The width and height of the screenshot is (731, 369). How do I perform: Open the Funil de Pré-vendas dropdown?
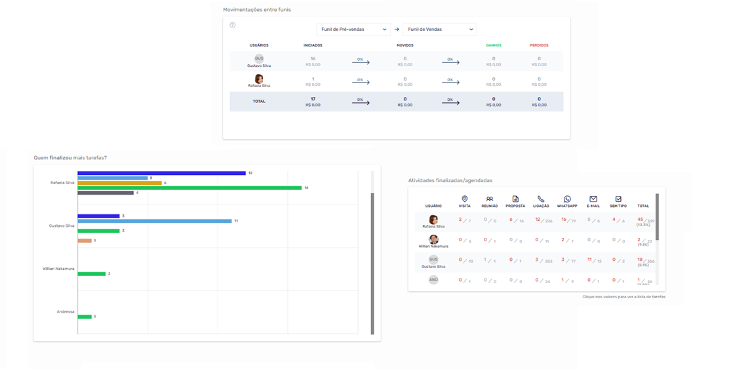[353, 29]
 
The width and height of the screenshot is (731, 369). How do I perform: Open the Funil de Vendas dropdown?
[439, 29]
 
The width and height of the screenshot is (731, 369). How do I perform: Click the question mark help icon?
[233, 25]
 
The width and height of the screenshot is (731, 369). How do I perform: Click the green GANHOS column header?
[494, 45]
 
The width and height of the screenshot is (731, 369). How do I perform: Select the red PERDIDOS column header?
[539, 45]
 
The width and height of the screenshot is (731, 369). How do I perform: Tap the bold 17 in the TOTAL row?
[313, 99]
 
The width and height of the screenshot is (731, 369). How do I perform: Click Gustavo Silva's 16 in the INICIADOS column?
[313, 58]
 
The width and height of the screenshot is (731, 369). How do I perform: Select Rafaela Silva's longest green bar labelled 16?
[189, 188]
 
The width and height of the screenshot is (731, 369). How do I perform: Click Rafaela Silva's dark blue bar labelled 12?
[161, 173]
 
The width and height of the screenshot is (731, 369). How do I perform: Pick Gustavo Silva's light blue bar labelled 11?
[154, 221]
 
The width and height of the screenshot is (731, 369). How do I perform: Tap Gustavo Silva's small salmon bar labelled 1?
[85, 241]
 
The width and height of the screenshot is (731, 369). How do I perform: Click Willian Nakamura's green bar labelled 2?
[91, 273]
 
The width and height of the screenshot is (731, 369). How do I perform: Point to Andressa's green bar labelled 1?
[85, 317]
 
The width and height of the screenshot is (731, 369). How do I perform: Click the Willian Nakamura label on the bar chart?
[58, 269]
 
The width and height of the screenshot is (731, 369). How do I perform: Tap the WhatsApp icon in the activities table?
[567, 199]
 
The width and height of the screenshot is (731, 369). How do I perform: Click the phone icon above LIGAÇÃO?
[541, 199]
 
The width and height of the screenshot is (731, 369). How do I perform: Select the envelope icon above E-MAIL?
[593, 199]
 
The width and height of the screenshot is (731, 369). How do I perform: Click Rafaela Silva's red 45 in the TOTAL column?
[640, 220]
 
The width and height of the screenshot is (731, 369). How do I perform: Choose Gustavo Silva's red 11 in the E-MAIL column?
[590, 260]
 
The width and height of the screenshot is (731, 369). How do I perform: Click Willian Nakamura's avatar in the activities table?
[433, 240]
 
